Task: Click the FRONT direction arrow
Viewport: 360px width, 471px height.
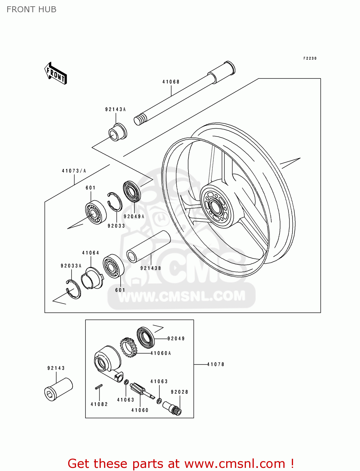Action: (56, 73)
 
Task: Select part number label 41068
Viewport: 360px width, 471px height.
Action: (171, 82)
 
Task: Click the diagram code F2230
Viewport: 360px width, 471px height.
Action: (310, 58)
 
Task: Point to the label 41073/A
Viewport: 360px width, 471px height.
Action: (74, 171)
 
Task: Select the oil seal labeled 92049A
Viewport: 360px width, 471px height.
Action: (132, 191)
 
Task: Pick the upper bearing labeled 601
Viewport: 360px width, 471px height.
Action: (95, 213)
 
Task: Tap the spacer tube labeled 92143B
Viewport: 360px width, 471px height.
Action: (148, 246)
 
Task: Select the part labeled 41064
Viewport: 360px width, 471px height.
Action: (92, 278)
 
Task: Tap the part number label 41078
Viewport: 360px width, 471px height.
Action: (216, 364)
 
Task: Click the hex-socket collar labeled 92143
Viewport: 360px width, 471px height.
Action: (58, 389)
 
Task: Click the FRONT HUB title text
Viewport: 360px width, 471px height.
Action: (31, 9)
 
